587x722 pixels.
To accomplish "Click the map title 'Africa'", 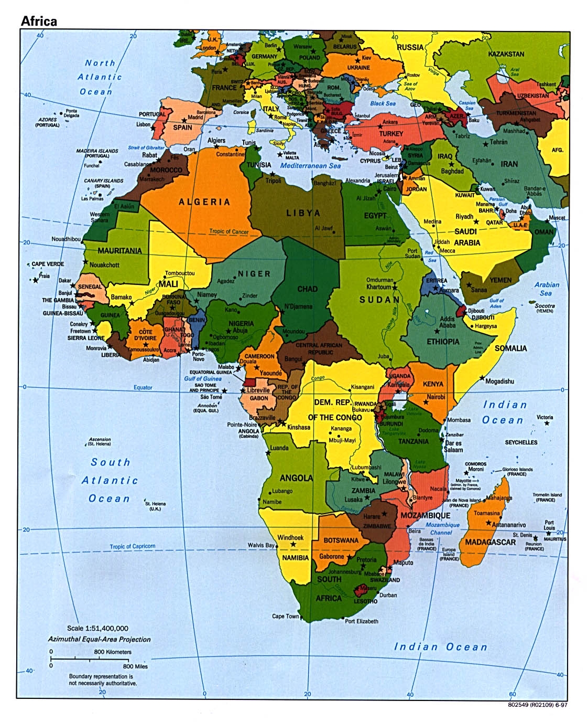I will click(x=38, y=22).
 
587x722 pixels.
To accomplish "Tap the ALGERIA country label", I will click(x=204, y=202).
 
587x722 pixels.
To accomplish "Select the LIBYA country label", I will click(x=303, y=213).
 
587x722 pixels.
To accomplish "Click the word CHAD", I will click(x=307, y=289).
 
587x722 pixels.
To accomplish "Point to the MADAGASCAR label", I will click(x=490, y=542).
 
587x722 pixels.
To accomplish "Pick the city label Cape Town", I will click(x=285, y=616).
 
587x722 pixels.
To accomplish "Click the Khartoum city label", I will click(x=378, y=287).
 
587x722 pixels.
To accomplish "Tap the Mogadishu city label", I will click(x=499, y=381).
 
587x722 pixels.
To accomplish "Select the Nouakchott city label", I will click(x=104, y=265).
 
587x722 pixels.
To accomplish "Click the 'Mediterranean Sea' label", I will click(x=310, y=166).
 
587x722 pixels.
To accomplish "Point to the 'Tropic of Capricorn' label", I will click(x=132, y=546).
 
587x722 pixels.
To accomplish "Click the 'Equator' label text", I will click(x=143, y=388).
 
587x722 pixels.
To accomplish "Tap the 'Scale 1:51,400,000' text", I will click(x=97, y=628).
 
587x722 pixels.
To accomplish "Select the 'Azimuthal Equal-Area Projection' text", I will click(x=99, y=639).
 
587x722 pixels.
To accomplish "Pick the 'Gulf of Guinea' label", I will click(x=202, y=378).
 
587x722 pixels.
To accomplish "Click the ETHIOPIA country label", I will click(x=443, y=342).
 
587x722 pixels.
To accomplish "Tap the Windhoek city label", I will click(x=290, y=537).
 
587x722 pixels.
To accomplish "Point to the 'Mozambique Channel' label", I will click(x=442, y=528).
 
